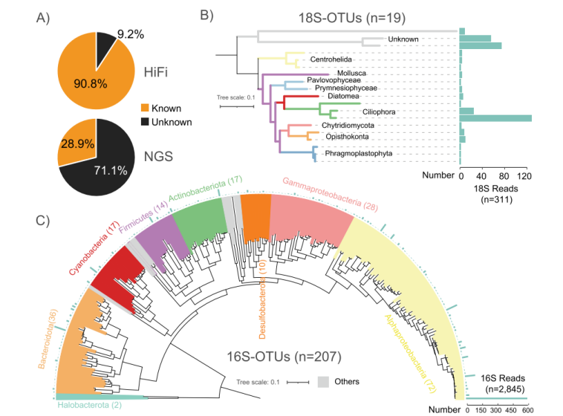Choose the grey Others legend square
323,381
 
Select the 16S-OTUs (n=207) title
284,357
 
